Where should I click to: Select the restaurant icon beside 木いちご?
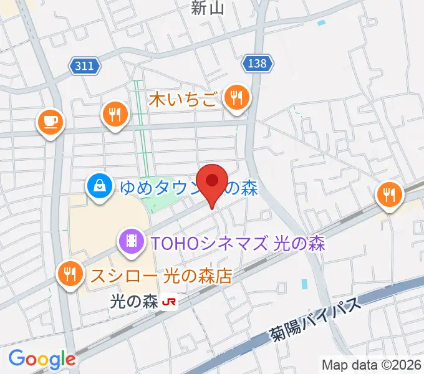(236, 98)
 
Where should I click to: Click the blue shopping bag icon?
(99, 186)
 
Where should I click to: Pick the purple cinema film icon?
(131, 241)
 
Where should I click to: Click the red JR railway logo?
(169, 302)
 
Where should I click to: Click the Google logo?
(42, 359)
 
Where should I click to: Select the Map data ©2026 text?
(372, 363)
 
